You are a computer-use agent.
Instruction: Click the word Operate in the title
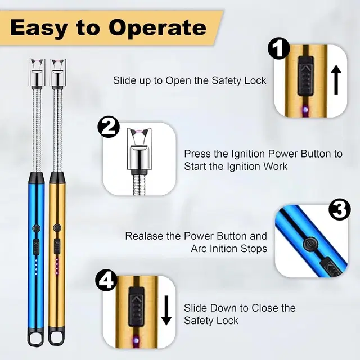(x=157, y=28)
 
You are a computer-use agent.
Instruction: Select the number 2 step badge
(x=109, y=127)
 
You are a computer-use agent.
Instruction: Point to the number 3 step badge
(x=339, y=209)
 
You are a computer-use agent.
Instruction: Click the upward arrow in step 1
(x=336, y=79)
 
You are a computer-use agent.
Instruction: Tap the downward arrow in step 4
(x=166, y=310)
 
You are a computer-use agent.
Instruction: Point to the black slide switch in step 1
(x=305, y=76)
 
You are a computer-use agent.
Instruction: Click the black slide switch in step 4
(x=136, y=307)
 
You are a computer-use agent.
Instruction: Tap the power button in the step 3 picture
(x=310, y=244)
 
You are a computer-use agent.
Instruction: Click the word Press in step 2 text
(x=197, y=154)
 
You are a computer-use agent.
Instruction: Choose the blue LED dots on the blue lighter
(x=36, y=267)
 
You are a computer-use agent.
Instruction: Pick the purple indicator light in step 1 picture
(x=305, y=109)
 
